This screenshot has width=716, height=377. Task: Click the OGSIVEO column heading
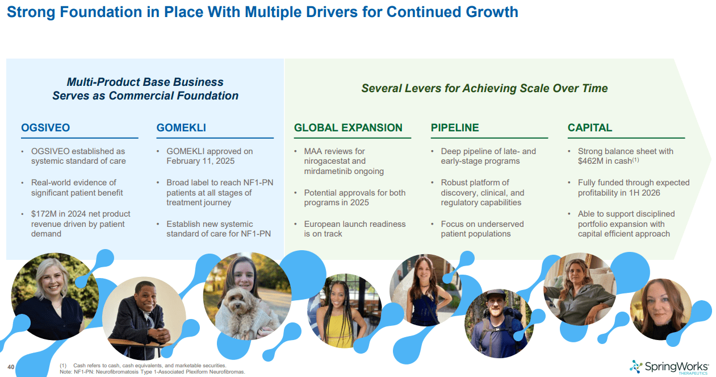coord(45,128)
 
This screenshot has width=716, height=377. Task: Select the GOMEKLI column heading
coord(181,128)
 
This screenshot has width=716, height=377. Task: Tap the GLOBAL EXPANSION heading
coord(348,128)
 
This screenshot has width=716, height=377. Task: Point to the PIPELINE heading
coord(455,128)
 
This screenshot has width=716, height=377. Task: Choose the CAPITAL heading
coord(590,128)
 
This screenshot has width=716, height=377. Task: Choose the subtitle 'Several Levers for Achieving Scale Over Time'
coord(484,88)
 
